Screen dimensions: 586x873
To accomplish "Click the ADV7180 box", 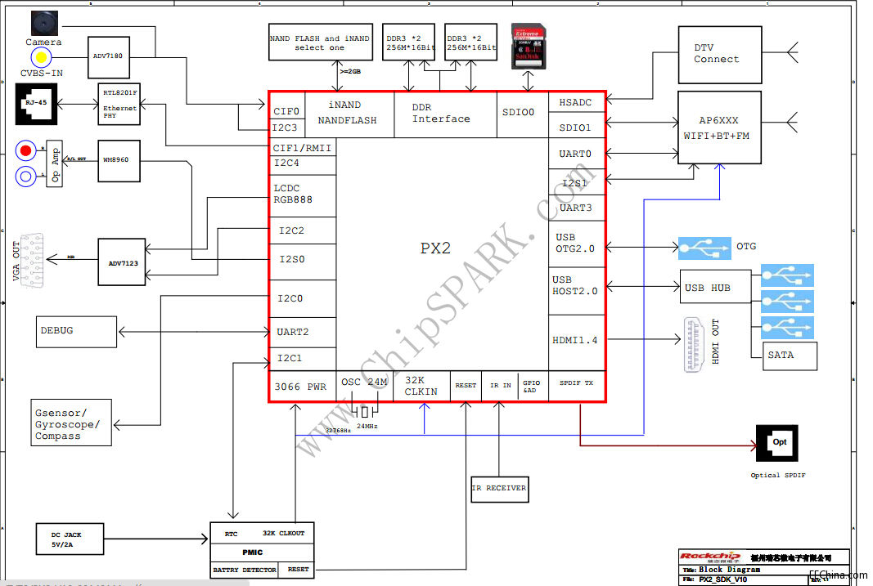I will click(109, 58).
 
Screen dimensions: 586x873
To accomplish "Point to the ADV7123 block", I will click(121, 263).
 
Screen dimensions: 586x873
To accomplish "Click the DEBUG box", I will click(76, 331).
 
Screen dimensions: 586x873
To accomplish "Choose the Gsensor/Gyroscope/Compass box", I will click(71, 423).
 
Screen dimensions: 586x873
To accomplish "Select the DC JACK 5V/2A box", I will click(70, 539).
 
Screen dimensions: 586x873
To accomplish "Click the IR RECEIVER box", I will click(500, 489).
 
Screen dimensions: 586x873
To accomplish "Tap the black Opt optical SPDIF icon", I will click(777, 444).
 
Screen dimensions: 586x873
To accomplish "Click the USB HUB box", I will click(714, 287).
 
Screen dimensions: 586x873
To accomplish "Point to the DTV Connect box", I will click(719, 54).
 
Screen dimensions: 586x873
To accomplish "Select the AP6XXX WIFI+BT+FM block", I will click(719, 127).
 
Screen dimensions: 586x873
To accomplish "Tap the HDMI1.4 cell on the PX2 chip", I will click(577, 341).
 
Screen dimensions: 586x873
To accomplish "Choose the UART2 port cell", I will click(302, 332).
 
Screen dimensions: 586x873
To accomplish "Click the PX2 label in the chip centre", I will click(435, 248).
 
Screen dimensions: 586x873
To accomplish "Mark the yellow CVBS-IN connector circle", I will click(40, 57).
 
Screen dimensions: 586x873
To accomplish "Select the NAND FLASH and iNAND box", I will click(320, 42).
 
